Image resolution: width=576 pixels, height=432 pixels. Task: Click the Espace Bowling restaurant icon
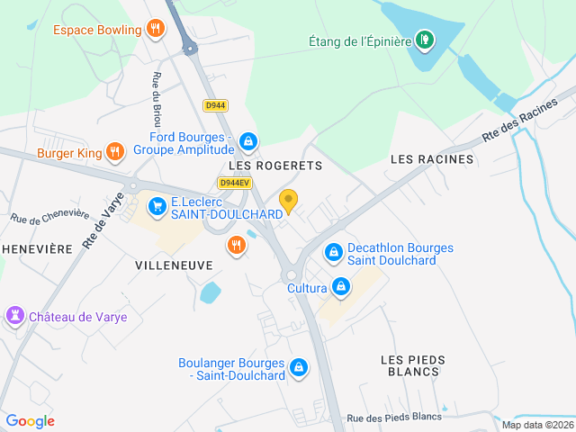coord(156,30)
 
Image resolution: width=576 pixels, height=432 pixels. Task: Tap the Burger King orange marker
coord(114,152)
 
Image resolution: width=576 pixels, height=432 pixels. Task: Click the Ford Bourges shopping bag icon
coord(248,141)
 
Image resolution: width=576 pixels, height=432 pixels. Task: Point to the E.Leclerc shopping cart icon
coord(157,207)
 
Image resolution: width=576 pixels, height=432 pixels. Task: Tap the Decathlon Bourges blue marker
coord(334,253)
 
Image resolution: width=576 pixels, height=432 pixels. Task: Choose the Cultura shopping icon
coord(340,288)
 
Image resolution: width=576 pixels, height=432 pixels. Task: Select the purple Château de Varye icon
coord(14,316)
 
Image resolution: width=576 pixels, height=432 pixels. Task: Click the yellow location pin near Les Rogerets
coord(288,200)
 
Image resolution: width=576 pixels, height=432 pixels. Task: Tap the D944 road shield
coord(215,105)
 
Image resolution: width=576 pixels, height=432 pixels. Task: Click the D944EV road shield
coord(233,183)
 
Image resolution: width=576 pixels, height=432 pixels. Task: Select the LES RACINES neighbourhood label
coord(431,159)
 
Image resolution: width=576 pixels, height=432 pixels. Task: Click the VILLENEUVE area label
coord(174,265)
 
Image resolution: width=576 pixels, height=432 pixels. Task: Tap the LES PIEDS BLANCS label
coord(413,365)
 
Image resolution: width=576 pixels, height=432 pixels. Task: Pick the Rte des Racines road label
coord(519,122)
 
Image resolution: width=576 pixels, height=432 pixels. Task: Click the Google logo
coord(30,420)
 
